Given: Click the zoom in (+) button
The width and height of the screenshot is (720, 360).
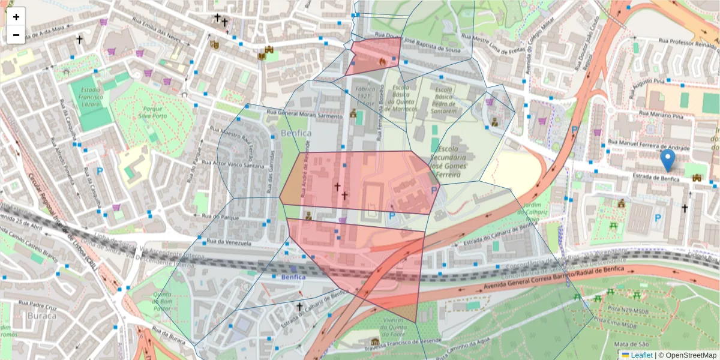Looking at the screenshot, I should coord(16,17).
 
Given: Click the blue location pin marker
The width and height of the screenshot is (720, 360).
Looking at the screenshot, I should coord(667,160).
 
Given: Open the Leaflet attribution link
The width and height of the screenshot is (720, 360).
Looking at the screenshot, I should coord(641,355).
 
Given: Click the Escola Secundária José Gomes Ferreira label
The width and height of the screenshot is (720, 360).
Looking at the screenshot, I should coord(457,161).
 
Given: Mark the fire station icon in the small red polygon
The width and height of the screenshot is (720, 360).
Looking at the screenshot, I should coord(382,61).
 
